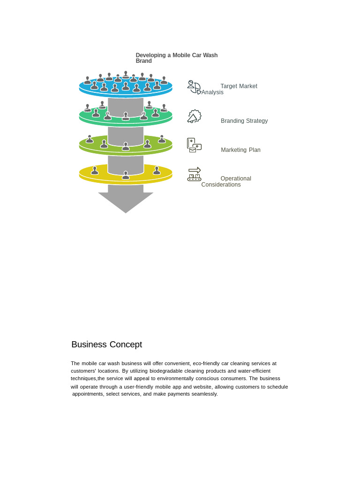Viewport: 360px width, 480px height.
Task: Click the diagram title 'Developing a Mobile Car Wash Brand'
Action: (177, 58)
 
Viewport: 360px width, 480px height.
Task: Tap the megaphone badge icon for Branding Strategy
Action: (195, 116)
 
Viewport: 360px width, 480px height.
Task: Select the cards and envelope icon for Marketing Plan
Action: (194, 145)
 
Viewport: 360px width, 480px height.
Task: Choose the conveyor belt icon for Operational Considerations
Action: (194, 174)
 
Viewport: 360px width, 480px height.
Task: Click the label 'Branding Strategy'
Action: (244, 121)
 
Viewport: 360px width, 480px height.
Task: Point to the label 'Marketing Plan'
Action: (240, 150)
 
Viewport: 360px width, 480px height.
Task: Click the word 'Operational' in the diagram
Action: (236, 179)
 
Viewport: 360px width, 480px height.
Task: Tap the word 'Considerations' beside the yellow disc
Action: (221, 185)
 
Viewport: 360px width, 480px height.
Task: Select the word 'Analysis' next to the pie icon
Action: (212, 92)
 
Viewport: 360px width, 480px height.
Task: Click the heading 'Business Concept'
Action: (107, 345)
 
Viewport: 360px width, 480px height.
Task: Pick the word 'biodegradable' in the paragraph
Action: (166, 371)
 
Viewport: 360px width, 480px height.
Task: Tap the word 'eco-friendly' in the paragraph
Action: (206, 363)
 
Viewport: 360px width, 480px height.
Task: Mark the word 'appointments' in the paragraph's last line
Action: (88, 394)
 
